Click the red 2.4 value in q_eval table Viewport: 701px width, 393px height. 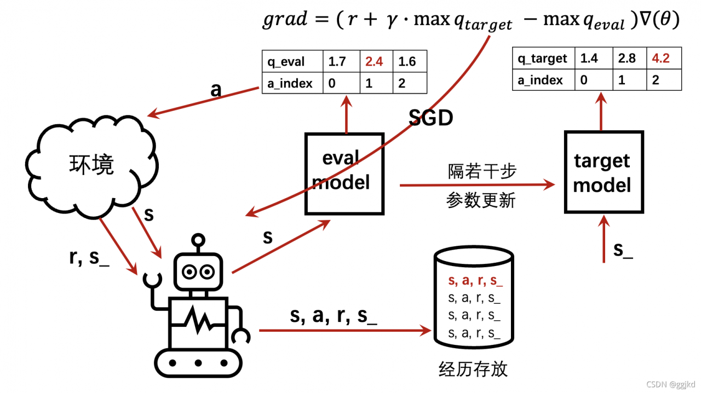click(374, 61)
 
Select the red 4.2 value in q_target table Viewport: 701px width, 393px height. click(661, 58)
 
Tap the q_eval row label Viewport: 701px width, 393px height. click(285, 61)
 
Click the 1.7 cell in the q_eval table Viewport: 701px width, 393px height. click(337, 61)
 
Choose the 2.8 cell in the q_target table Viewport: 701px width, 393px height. click(627, 58)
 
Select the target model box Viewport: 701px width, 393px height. click(602, 172)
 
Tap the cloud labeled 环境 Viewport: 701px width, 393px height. click(91, 164)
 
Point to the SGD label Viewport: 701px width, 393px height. click(431, 117)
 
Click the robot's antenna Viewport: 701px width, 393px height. click(198, 241)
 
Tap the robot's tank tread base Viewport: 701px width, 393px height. click(198, 362)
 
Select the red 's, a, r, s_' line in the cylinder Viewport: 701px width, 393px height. click(475, 281)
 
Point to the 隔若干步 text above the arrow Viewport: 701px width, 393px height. click(481, 171)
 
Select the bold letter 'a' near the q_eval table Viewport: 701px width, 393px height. click(216, 90)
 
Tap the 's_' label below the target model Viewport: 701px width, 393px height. click(623, 250)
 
